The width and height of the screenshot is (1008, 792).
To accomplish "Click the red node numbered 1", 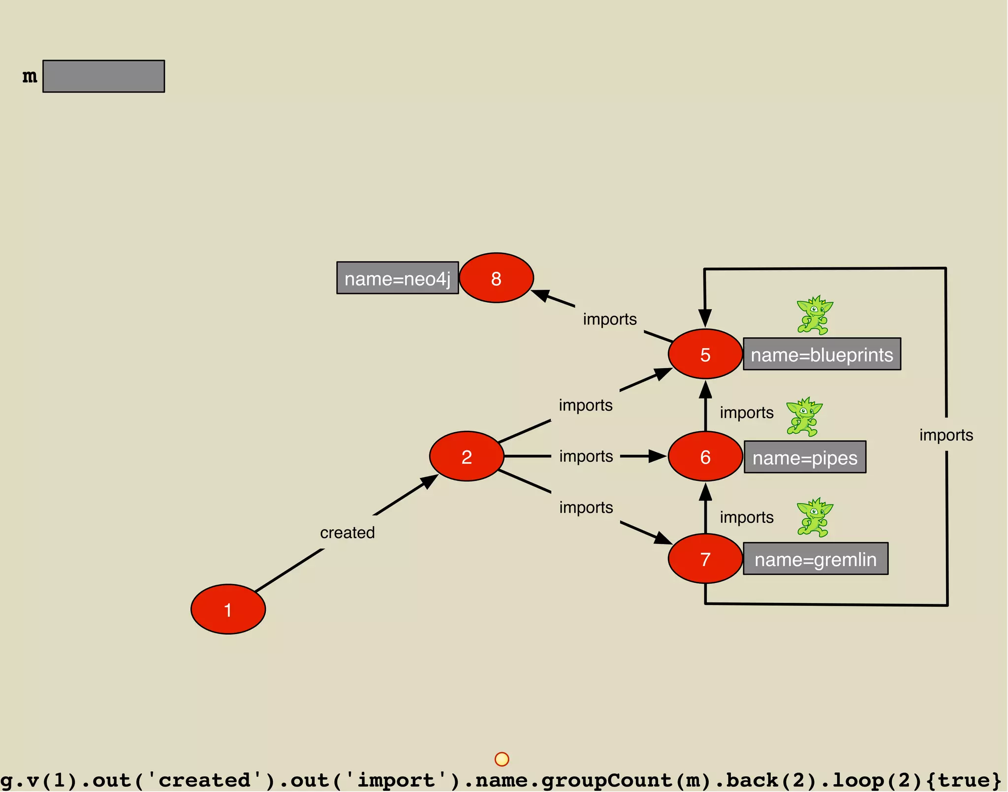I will coord(228,609).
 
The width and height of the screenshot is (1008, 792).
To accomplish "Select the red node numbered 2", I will coord(467,456).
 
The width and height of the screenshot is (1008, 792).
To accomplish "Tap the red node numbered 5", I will coord(705,354).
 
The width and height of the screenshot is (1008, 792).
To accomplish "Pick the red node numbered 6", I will coord(705,456).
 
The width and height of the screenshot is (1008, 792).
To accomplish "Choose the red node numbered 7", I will coord(705,559).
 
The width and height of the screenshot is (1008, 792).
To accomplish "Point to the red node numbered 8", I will coord(496,278).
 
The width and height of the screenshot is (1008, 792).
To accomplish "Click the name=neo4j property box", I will coord(397,278).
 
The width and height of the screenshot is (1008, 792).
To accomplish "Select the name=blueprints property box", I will coord(821,354).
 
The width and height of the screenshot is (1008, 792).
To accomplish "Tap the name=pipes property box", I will coord(805,457).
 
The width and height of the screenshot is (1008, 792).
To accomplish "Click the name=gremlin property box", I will coord(816,559).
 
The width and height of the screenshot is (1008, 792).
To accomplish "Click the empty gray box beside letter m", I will coord(103,76).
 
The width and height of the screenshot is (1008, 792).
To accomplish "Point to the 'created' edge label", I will coord(347,532).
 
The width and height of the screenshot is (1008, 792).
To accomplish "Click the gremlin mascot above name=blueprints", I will coord(815,315).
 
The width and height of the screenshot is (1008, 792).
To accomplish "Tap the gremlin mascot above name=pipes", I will coord(804,417).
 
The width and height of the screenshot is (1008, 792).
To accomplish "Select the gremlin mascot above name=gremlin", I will coord(815,517).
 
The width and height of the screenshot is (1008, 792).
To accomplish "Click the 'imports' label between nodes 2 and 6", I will coord(586,456).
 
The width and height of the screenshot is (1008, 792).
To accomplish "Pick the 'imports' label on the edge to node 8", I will coord(610,319).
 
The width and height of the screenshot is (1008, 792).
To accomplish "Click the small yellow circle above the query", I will coord(502,759).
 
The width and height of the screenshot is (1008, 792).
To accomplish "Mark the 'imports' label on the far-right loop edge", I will coord(946,435).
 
